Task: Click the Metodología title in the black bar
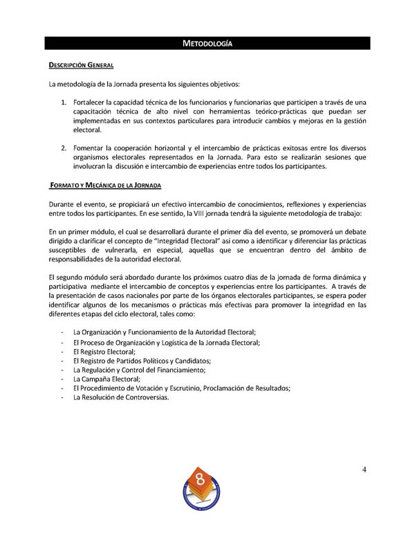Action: point(207,44)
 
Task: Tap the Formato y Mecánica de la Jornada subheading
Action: point(106,186)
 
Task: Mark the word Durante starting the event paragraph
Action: point(64,204)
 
